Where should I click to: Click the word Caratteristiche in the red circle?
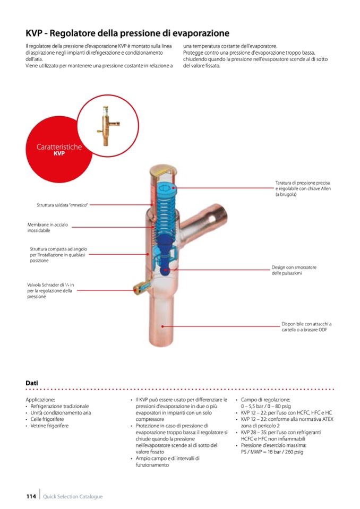click(x=59, y=146)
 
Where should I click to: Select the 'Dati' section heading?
click(x=32, y=383)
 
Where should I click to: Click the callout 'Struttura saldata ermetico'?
click(x=62, y=204)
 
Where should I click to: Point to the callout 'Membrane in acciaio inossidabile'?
click(x=47, y=228)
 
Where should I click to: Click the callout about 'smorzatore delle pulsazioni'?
click(x=294, y=270)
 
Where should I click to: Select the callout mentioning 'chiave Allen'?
click(x=303, y=188)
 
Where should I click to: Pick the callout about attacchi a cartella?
click(x=306, y=326)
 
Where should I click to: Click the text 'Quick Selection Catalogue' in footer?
click(x=73, y=497)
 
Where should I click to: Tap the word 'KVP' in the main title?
click(x=36, y=33)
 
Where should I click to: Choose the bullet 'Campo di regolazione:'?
click(x=265, y=399)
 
